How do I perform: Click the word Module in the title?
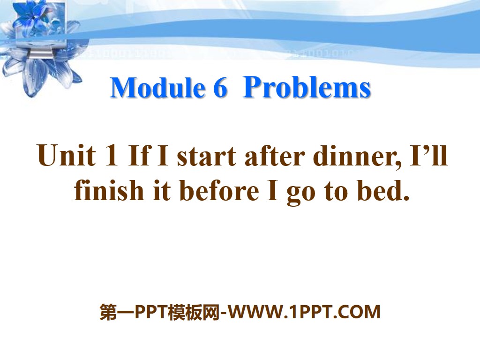(157, 88)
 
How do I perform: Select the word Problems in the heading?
(307, 88)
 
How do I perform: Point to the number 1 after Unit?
(111, 157)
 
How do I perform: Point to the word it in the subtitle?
(161, 191)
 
